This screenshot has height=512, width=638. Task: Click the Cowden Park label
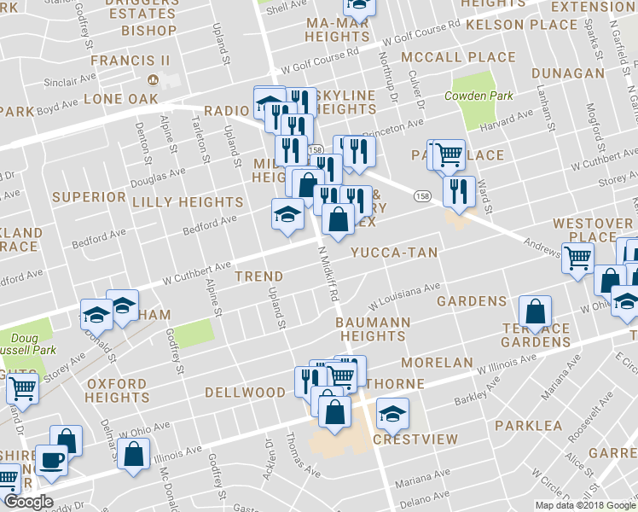click(478, 96)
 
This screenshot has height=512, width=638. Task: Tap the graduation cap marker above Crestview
click(391, 416)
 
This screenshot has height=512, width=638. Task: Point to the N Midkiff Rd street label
click(329, 274)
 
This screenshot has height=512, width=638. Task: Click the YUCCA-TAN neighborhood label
click(394, 253)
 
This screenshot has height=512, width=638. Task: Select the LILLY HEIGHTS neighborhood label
click(188, 202)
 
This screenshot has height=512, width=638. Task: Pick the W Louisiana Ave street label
click(403, 298)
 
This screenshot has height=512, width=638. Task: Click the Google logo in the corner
click(28, 503)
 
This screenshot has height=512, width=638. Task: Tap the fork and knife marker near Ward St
click(459, 193)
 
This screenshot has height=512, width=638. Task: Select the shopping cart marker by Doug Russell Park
click(22, 389)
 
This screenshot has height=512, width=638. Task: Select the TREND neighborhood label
click(258, 276)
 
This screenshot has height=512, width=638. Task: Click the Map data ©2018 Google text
click(584, 505)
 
